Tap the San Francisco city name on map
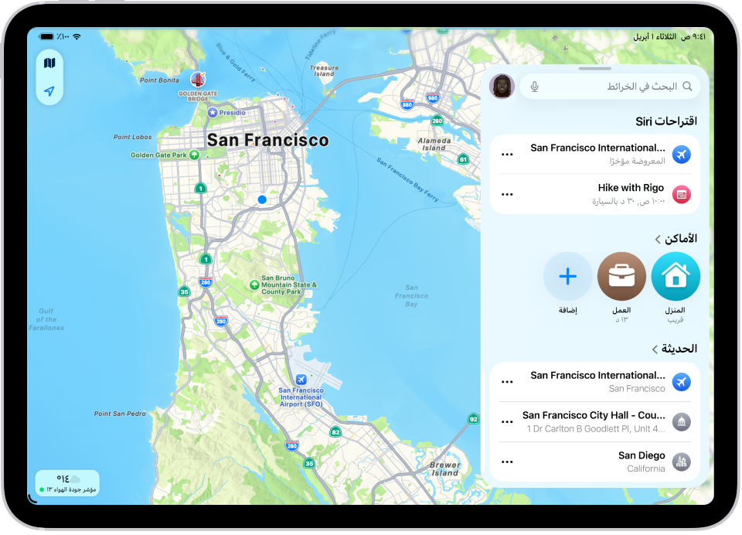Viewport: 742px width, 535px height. pos(267,141)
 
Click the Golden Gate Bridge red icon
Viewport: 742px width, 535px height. pos(197,80)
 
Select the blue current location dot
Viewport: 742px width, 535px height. pos(262,199)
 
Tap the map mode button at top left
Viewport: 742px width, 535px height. pos(49,63)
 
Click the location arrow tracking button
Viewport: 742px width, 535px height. pos(49,91)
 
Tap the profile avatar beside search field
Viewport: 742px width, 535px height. pos(502,87)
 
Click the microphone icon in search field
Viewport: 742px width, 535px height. pos(535,87)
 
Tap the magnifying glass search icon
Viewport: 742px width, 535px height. pos(687,87)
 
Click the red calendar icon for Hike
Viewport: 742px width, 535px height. pos(681,194)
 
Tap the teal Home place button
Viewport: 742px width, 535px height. pos(676,276)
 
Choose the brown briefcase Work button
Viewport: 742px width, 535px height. pos(621,276)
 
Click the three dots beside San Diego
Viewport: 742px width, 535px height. pos(507,462)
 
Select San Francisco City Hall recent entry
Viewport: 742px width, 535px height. pos(595,421)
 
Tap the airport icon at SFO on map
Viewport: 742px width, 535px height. pos(301,380)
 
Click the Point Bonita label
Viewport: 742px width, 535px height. pos(159,80)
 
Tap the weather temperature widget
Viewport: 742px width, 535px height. pos(67,482)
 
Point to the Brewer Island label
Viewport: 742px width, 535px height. pos(445,469)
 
